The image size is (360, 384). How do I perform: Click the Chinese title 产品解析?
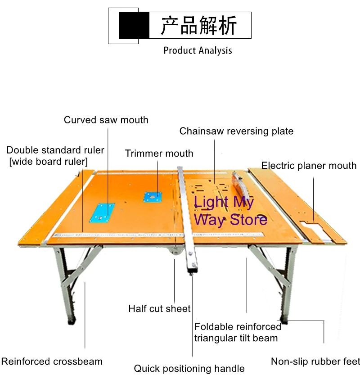(x=198, y=26)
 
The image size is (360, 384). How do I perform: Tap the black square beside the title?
(x=134, y=26)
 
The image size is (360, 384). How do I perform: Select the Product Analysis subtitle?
(x=198, y=50)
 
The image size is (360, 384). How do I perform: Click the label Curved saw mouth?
(x=106, y=120)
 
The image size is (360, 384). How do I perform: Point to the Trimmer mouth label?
(x=159, y=154)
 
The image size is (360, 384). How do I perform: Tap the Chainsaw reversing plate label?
(x=236, y=131)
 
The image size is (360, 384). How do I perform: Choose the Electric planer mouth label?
(x=309, y=166)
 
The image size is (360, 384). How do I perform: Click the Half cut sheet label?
(x=159, y=309)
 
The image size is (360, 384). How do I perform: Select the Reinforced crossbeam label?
(x=52, y=361)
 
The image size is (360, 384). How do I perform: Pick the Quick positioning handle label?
(x=189, y=369)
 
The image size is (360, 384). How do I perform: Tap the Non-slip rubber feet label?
(x=315, y=361)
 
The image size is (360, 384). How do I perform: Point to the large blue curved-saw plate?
(x=102, y=212)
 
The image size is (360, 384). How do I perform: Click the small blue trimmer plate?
(x=153, y=197)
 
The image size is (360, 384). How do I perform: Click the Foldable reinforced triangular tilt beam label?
(x=238, y=332)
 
